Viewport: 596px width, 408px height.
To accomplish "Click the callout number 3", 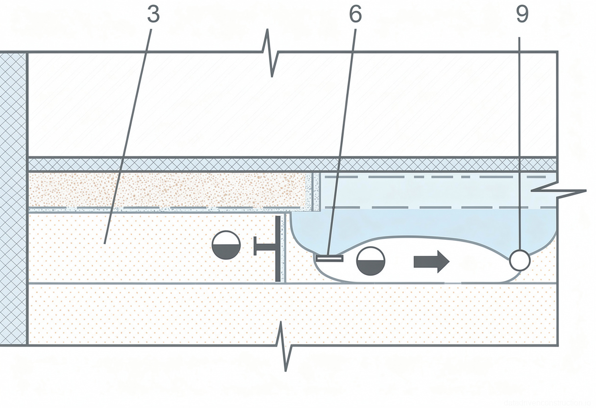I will coord(153,15).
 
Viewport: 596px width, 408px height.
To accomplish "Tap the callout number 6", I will coord(355,15).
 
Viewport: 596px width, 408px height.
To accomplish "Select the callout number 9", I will coord(522,15).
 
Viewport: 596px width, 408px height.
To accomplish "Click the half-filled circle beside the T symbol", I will coord(226,245).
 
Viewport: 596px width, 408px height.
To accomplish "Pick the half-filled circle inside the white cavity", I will coord(370,260).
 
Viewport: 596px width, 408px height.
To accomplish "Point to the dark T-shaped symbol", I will coord(272,248).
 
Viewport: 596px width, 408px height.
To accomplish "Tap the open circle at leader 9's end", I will coord(520,260).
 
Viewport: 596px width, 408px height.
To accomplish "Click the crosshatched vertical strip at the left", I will coord(13,196).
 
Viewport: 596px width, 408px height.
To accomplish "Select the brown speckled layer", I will coord(167,190).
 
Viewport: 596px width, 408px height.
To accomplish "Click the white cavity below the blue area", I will coord(471,265).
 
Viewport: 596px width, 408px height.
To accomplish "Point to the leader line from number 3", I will coord(128,132).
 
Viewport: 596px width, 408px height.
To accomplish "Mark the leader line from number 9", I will coord(521,137).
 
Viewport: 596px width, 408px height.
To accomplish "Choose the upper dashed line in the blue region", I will coord(436,177).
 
